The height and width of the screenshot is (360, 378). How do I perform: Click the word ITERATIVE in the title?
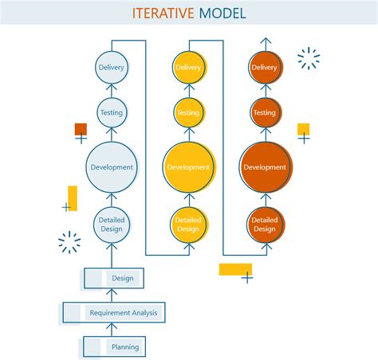pyautogui.click(x=163, y=13)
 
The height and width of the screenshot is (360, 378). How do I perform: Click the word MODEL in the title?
pyautogui.click(x=222, y=13)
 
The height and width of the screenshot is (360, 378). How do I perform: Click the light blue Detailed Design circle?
pyautogui.click(x=111, y=225)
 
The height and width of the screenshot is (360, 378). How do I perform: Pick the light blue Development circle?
pyautogui.click(x=111, y=167)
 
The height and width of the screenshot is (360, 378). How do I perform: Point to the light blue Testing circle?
pyautogui.click(x=111, y=113)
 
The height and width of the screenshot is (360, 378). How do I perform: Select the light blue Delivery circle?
pyautogui.click(x=111, y=68)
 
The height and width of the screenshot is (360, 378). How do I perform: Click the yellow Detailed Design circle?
pyautogui.click(x=188, y=225)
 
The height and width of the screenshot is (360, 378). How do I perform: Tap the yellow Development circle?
pyautogui.click(x=188, y=167)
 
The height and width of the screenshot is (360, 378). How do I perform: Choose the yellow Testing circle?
pyautogui.click(x=188, y=113)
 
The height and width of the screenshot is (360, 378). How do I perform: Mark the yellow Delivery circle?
pyautogui.click(x=188, y=68)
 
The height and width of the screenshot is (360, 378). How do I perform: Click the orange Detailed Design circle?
pyautogui.click(x=265, y=225)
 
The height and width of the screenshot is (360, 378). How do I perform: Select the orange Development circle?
pyautogui.click(x=265, y=167)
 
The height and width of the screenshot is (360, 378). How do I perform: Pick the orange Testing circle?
pyautogui.click(x=265, y=113)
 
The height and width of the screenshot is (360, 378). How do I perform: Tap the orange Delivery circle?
pyautogui.click(x=265, y=68)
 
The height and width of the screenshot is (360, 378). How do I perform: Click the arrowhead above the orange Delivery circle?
pyautogui.click(x=265, y=41)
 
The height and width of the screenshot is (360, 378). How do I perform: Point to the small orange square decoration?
pyautogui.click(x=81, y=128)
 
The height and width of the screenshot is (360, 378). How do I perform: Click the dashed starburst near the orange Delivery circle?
pyautogui.click(x=308, y=58)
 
